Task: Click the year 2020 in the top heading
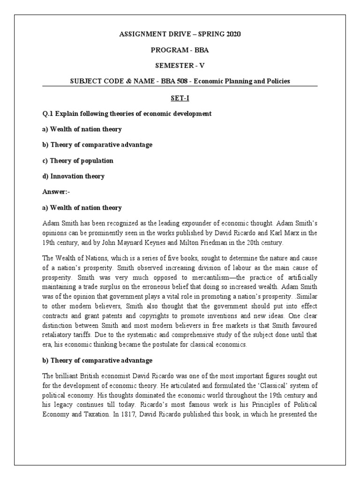[x=219, y=34]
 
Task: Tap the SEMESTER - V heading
[x=180, y=66]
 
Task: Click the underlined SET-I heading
[x=180, y=98]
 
